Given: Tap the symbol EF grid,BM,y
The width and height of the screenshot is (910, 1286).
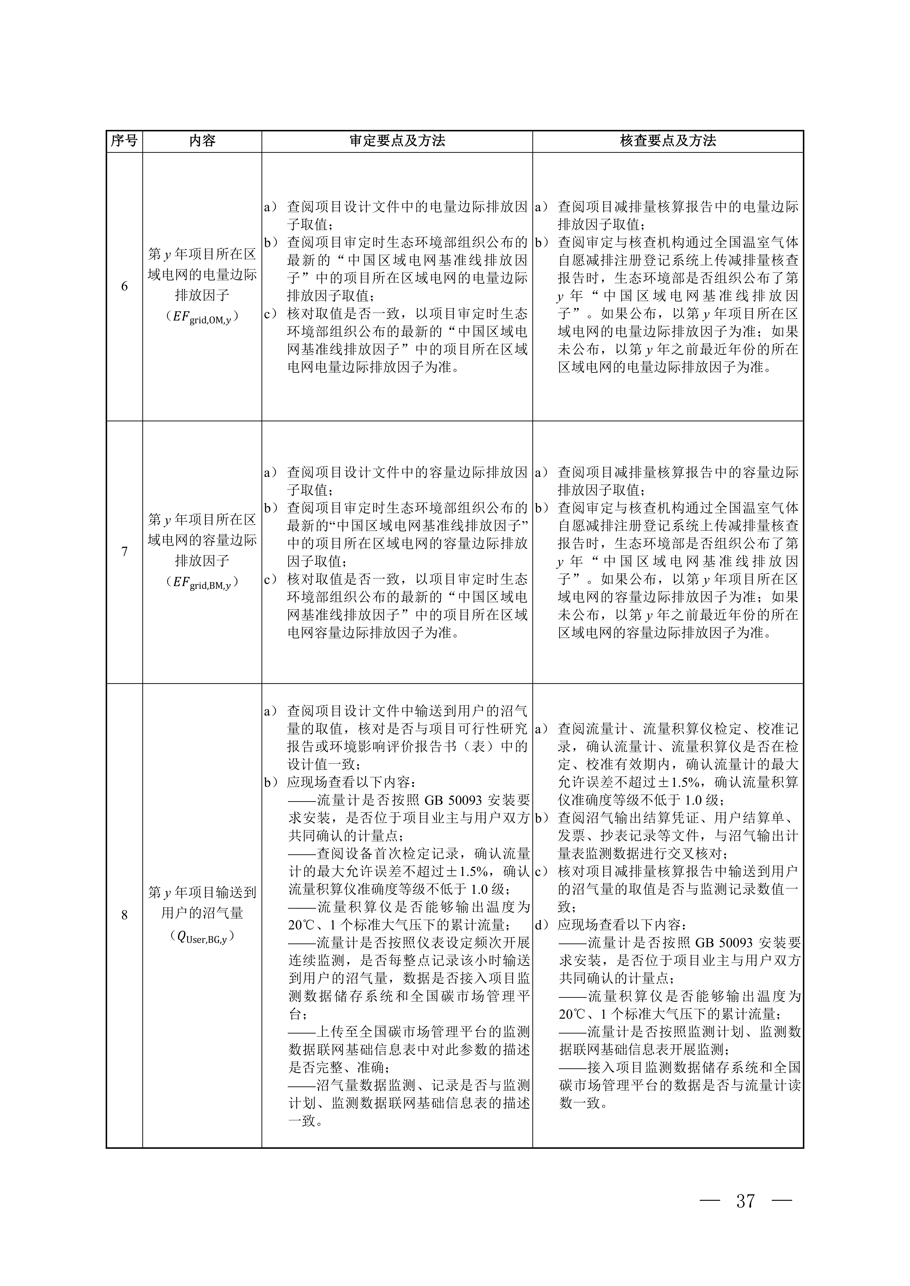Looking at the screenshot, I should pyautogui.click(x=202, y=582).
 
